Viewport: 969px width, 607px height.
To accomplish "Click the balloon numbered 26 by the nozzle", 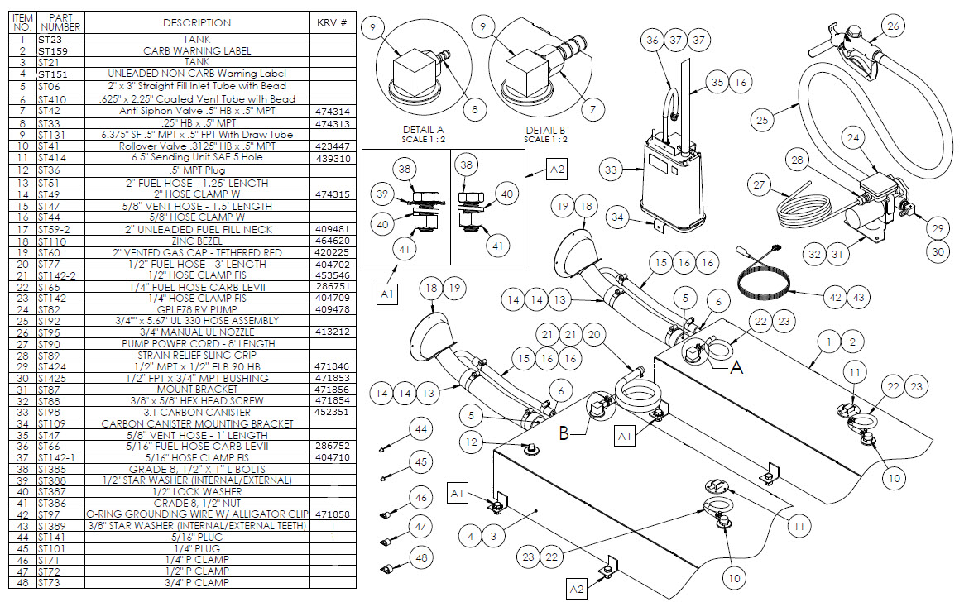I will tap(892, 26).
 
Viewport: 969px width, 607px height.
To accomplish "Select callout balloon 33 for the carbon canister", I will tap(612, 170).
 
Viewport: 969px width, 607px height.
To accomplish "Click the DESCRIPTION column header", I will tap(197, 22).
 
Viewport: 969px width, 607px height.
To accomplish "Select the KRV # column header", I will tap(331, 22).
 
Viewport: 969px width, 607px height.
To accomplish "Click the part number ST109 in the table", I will tap(50, 424).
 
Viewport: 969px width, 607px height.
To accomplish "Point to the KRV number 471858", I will tap(332, 514).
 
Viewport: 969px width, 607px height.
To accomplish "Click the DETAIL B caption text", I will tap(545, 131).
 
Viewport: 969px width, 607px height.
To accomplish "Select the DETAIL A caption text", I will tap(423, 131).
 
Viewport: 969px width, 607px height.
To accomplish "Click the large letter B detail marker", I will tap(565, 433).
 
